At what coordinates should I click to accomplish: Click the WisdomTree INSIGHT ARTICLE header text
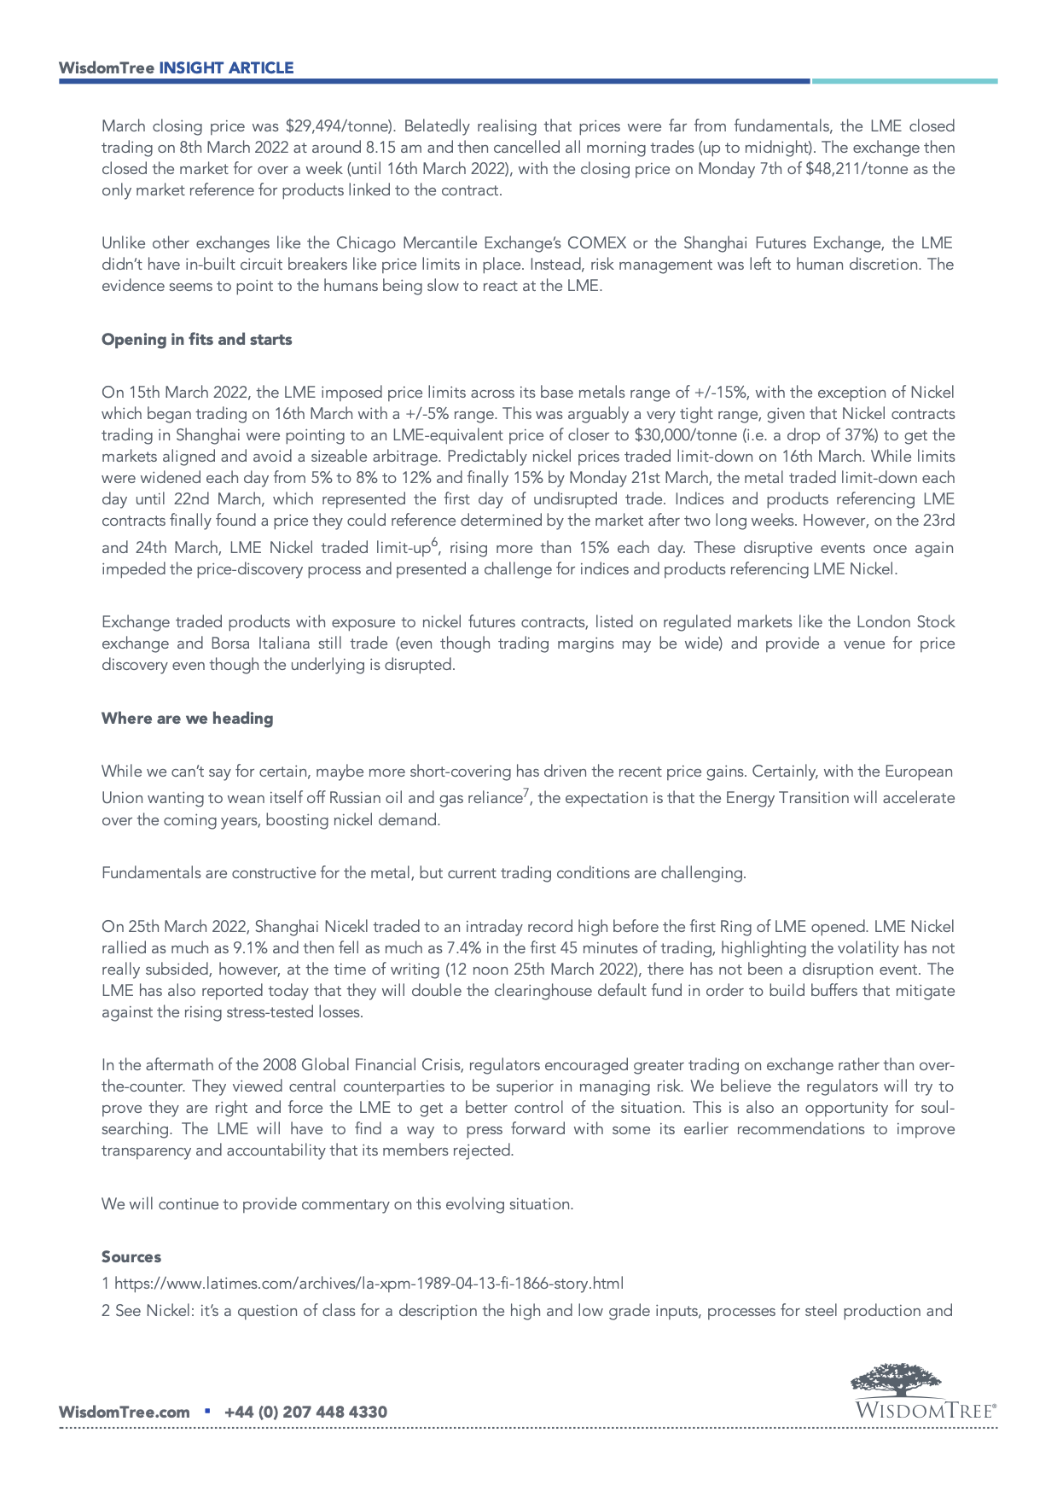(x=176, y=68)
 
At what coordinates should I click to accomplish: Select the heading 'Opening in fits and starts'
(x=196, y=340)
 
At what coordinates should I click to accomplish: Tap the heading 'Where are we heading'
(x=187, y=719)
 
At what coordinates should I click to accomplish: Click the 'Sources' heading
(x=131, y=1257)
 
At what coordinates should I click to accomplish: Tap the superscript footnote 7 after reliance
(x=526, y=793)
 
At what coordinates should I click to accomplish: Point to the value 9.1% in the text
(x=249, y=948)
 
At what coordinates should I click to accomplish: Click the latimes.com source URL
(x=369, y=1284)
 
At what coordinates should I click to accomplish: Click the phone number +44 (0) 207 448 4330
(x=305, y=1413)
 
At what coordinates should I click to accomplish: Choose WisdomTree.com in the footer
(x=124, y=1413)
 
